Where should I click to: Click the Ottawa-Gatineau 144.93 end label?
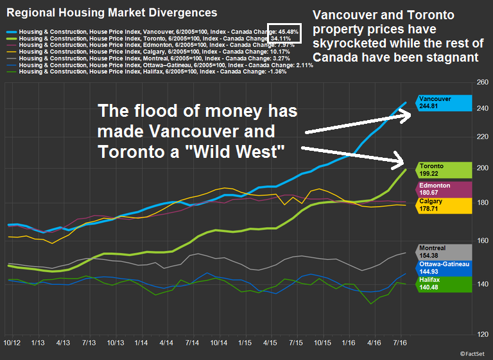tap(444, 268)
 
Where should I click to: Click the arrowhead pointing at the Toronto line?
tap(400, 161)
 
